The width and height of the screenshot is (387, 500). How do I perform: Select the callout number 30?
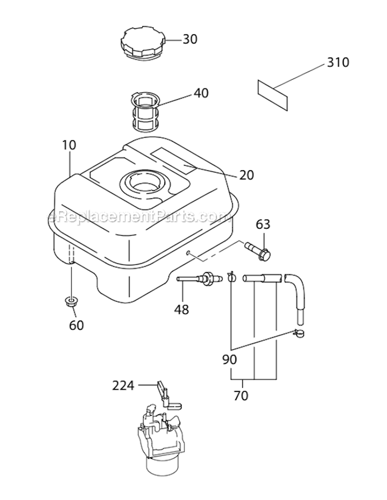[x=190, y=39]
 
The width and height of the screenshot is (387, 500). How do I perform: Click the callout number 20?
[x=247, y=175]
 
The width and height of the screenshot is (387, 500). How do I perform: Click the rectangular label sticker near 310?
[x=272, y=94]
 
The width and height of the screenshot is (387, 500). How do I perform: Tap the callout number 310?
[x=338, y=63]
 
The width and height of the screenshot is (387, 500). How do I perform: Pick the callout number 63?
[x=263, y=224]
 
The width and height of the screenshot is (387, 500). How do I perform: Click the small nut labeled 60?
[x=71, y=302]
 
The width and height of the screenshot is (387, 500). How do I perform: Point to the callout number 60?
[x=76, y=325]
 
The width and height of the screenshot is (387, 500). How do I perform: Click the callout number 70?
[x=241, y=396]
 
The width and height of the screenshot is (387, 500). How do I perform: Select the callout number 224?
[x=123, y=385]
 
